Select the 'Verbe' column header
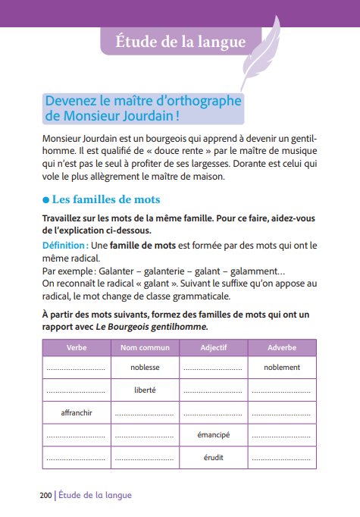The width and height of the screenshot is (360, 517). coord(77,347)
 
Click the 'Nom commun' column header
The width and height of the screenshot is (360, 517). coord(145,347)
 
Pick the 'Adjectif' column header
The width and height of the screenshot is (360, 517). coord(213,347)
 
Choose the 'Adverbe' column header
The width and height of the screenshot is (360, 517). coord(282,347)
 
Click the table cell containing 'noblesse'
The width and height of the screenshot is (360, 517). coord(145,368)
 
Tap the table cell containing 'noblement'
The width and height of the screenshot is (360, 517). coord(282,368)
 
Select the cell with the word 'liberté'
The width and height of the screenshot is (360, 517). coord(145,390)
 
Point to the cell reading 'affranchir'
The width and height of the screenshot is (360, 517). coord(77,412)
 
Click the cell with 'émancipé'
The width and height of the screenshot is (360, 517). coord(213,435)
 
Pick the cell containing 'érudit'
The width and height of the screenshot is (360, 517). coord(213,457)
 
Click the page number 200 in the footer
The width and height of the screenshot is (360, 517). coord(45,495)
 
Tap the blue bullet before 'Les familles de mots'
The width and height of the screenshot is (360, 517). coord(45,200)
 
